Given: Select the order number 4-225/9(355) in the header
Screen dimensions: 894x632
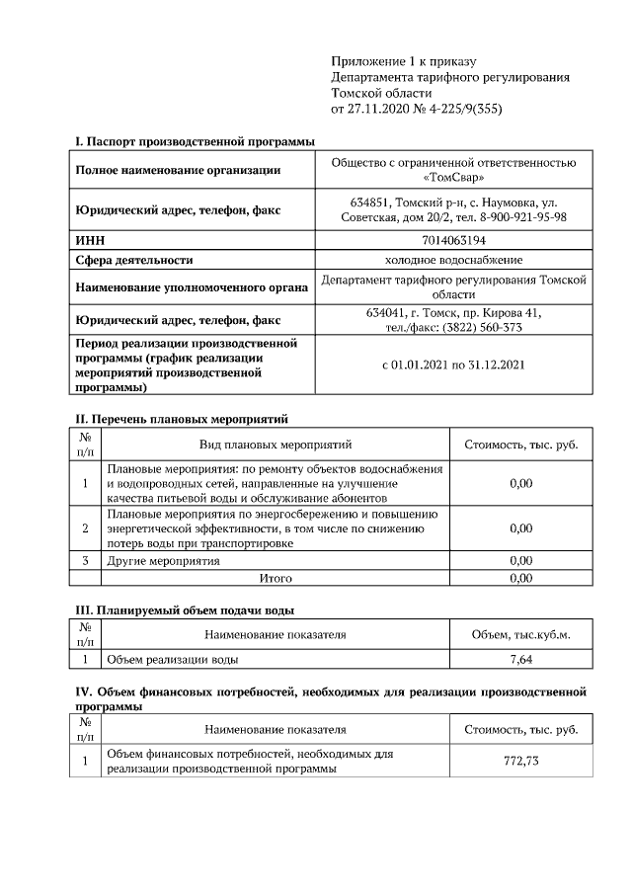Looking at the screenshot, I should [458, 110].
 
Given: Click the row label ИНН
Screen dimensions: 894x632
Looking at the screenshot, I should [90, 239].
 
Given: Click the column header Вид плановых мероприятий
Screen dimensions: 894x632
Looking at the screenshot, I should [276, 445].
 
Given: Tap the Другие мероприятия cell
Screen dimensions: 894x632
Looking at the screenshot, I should [163, 561].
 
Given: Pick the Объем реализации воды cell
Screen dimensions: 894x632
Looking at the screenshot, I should [172, 658].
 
